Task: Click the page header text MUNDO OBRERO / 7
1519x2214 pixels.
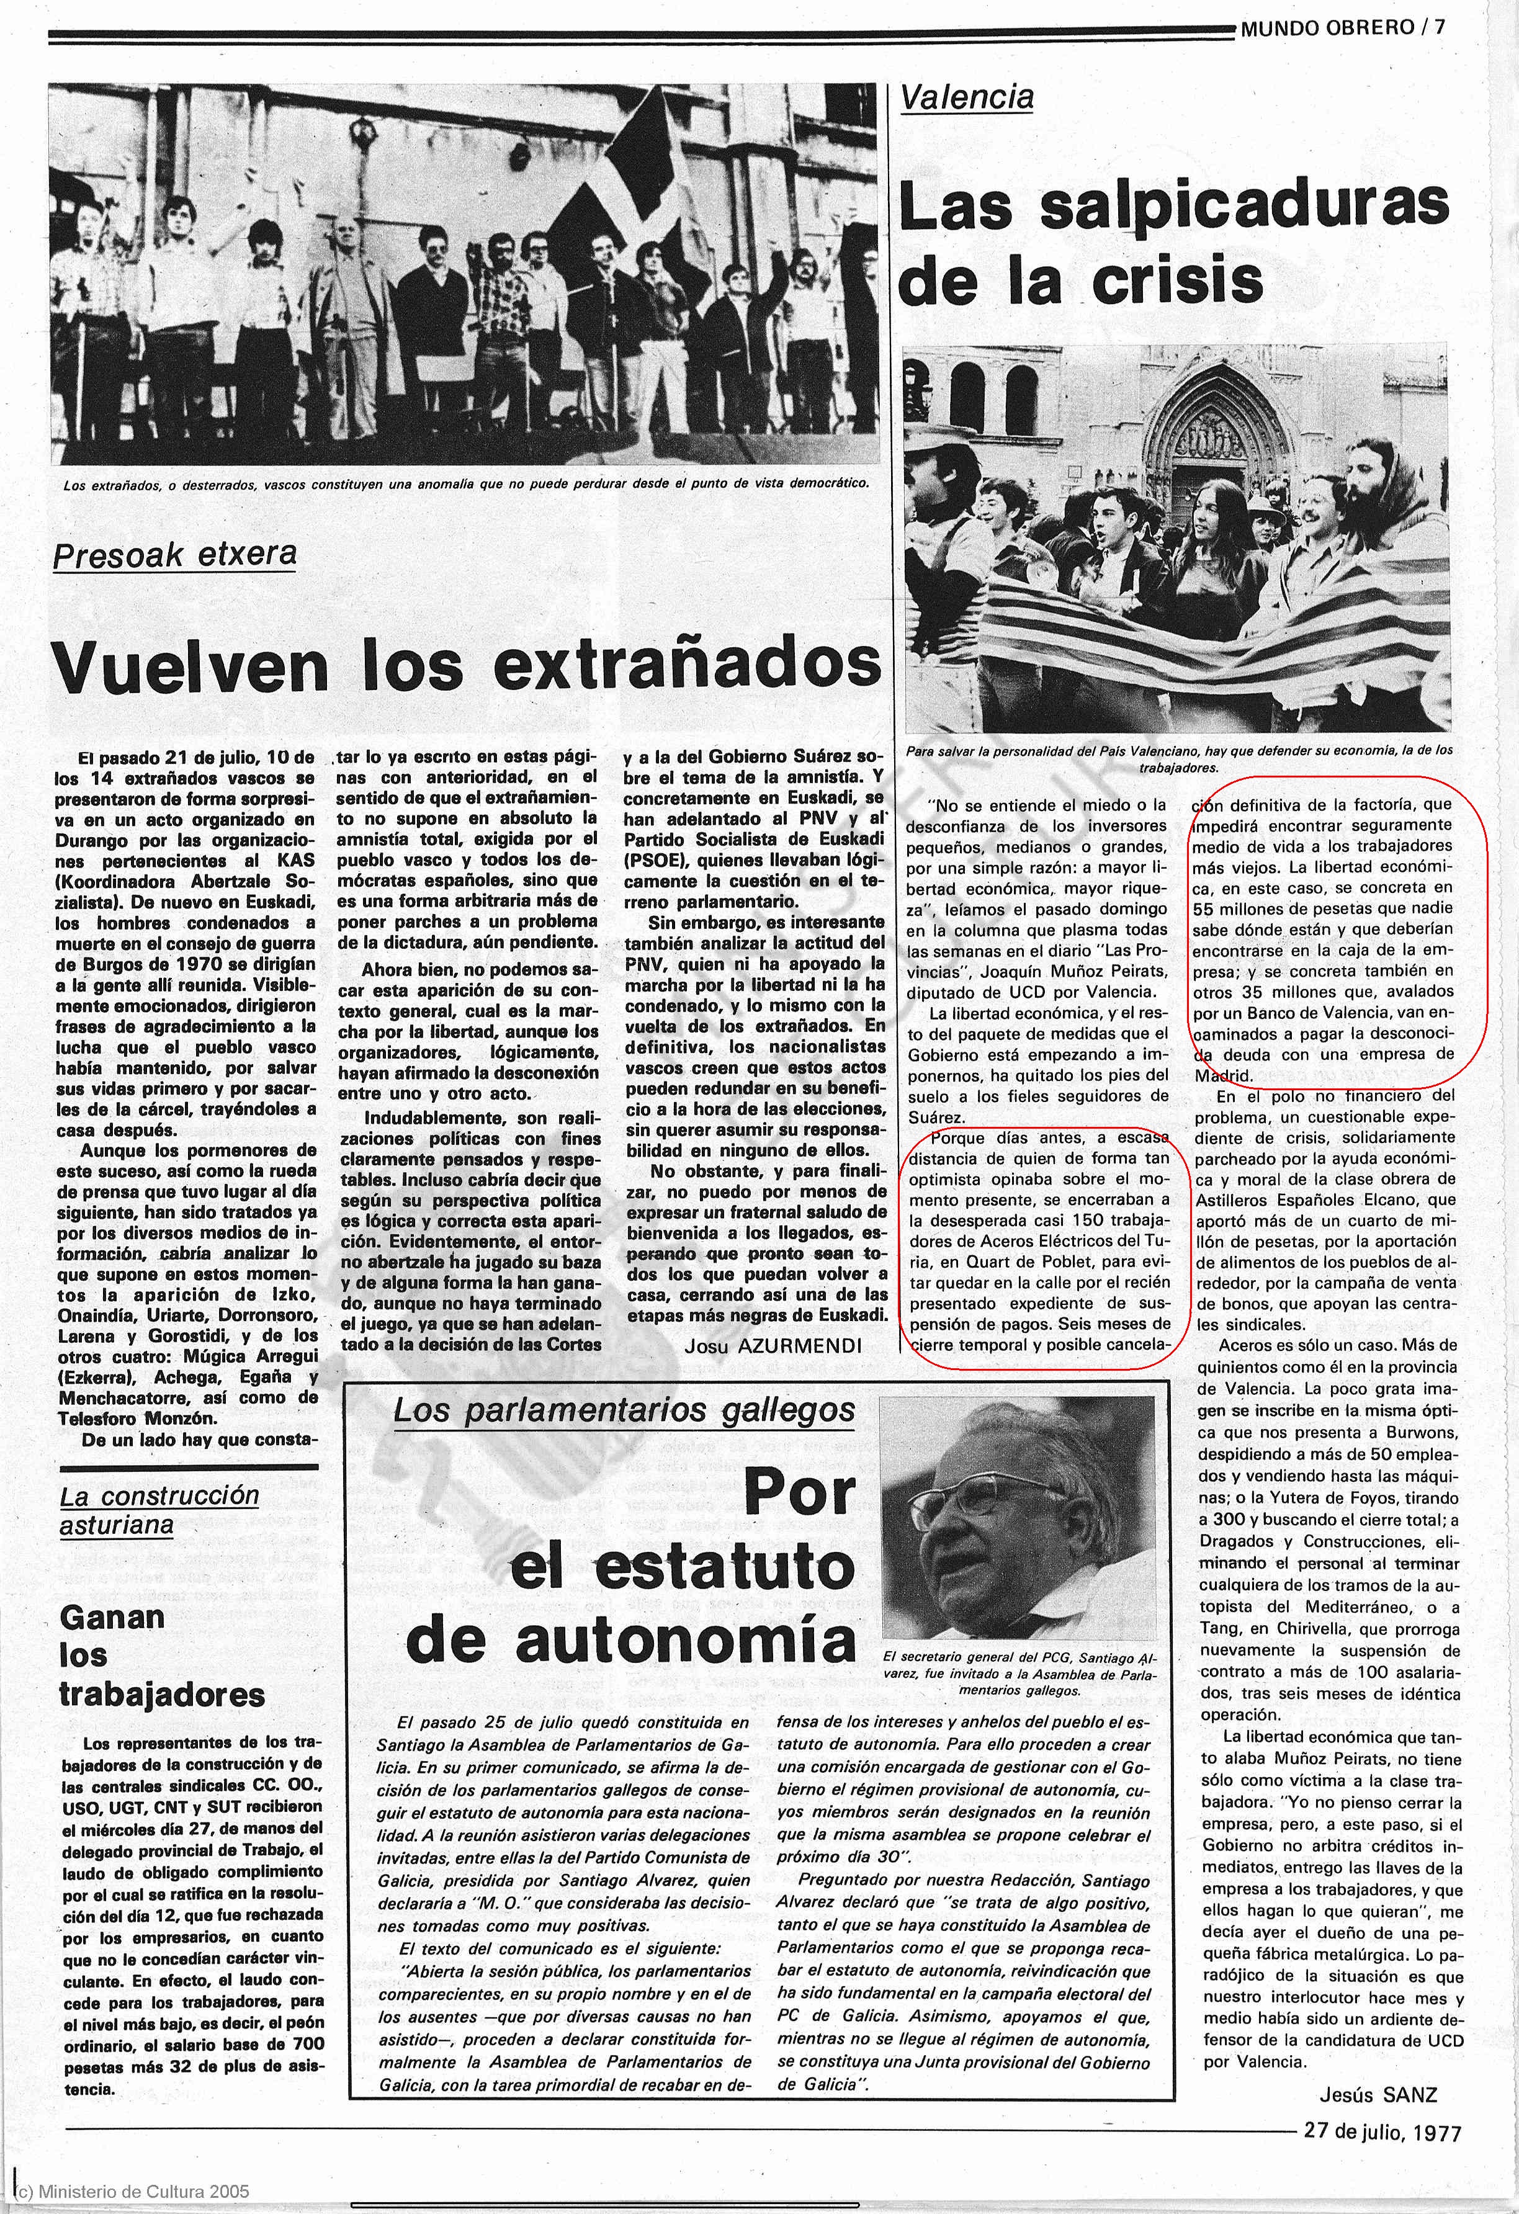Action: click(x=1342, y=28)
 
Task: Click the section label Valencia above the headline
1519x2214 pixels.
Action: click(x=966, y=97)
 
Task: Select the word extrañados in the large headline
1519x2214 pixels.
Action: click(x=687, y=665)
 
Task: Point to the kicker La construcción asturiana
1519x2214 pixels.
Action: click(x=158, y=1510)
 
